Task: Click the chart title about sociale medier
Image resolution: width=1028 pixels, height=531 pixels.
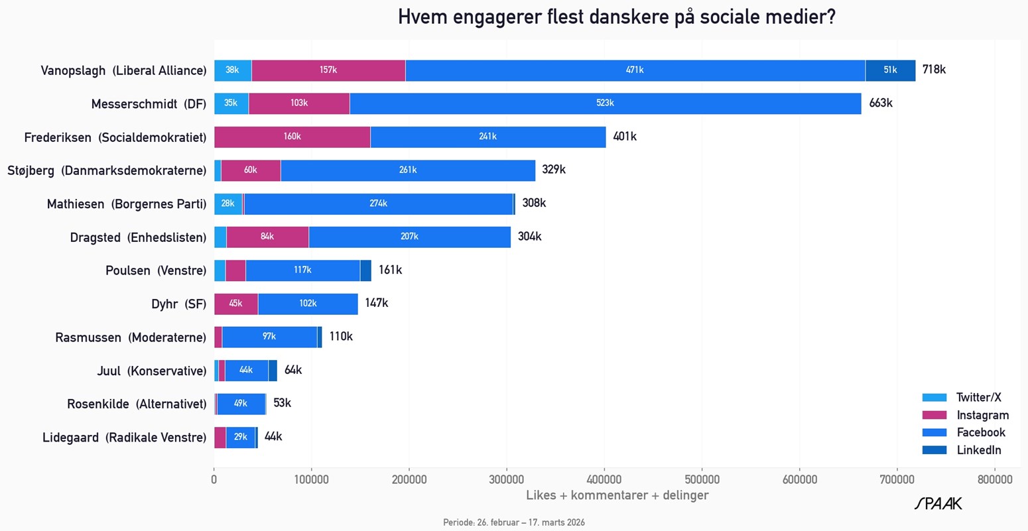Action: click(x=616, y=17)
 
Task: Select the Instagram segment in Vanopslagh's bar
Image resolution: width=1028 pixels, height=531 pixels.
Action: click(x=328, y=70)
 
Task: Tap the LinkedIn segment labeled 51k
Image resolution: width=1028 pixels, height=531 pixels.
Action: click(x=890, y=70)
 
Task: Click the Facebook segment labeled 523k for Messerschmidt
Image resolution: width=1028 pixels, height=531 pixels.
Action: click(x=605, y=103)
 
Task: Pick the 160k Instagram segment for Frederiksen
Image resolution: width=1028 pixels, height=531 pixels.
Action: click(x=292, y=137)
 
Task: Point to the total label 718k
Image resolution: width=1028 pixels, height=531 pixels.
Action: click(x=934, y=70)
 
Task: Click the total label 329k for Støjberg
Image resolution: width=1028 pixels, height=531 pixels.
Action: click(x=554, y=170)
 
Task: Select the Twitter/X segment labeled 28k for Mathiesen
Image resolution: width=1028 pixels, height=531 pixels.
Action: click(x=228, y=204)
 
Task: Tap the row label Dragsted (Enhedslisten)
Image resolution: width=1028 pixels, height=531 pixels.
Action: click(x=138, y=237)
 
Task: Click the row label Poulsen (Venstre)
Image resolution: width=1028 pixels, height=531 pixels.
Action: click(x=156, y=270)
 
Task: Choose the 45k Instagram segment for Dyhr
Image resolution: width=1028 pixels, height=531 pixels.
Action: click(x=235, y=304)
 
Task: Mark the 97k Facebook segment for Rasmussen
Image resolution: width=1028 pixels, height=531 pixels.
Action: click(x=269, y=337)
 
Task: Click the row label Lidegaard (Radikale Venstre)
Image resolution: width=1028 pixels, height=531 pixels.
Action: click(x=124, y=438)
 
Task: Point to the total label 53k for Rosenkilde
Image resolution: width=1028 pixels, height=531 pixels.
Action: click(x=282, y=403)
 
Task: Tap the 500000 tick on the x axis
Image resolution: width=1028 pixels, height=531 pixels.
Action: click(x=702, y=479)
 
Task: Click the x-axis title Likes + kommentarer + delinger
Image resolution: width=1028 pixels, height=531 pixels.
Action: click(x=617, y=495)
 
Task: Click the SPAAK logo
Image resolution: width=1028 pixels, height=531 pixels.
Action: click(x=938, y=504)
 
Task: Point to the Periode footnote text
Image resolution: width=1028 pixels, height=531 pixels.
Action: click(x=514, y=522)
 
